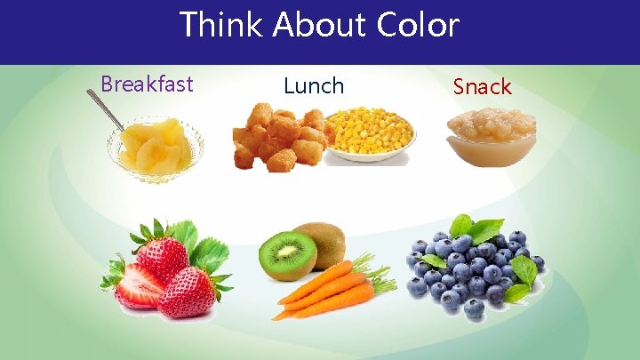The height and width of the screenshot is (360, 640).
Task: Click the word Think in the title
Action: tap(220, 25)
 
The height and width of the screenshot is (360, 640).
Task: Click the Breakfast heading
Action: tap(147, 84)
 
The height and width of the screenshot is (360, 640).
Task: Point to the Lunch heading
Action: tap(313, 86)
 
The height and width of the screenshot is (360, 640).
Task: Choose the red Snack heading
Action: tap(482, 87)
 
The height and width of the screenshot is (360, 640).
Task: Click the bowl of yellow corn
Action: tap(370, 134)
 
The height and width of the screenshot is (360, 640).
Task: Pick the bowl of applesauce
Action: tap(492, 137)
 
